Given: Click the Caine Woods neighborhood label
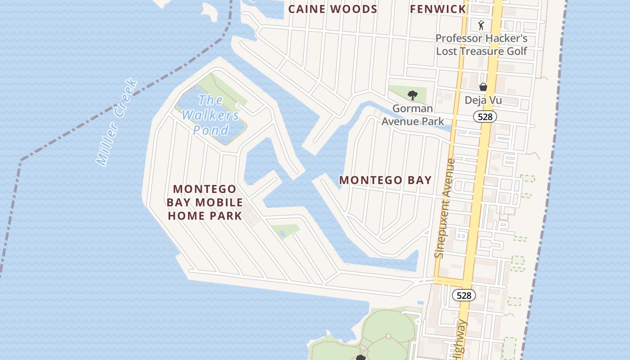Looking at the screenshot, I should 333,9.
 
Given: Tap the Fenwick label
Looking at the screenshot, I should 438,9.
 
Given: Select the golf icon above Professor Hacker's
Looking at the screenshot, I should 481,25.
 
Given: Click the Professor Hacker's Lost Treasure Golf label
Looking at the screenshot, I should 481,45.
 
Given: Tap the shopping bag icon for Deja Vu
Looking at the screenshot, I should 483,87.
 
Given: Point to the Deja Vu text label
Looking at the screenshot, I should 483,100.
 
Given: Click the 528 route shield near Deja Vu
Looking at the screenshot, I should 485,117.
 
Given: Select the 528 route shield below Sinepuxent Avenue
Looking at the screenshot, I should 463,295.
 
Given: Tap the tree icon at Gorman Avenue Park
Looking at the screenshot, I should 412,95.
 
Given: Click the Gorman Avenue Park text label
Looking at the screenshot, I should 413,115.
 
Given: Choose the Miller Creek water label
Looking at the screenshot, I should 117,122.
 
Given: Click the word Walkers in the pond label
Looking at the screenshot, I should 211,115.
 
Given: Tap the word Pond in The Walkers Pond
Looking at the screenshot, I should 211,130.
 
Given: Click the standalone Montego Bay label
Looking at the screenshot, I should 385,180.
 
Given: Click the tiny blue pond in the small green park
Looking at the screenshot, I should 282,233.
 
